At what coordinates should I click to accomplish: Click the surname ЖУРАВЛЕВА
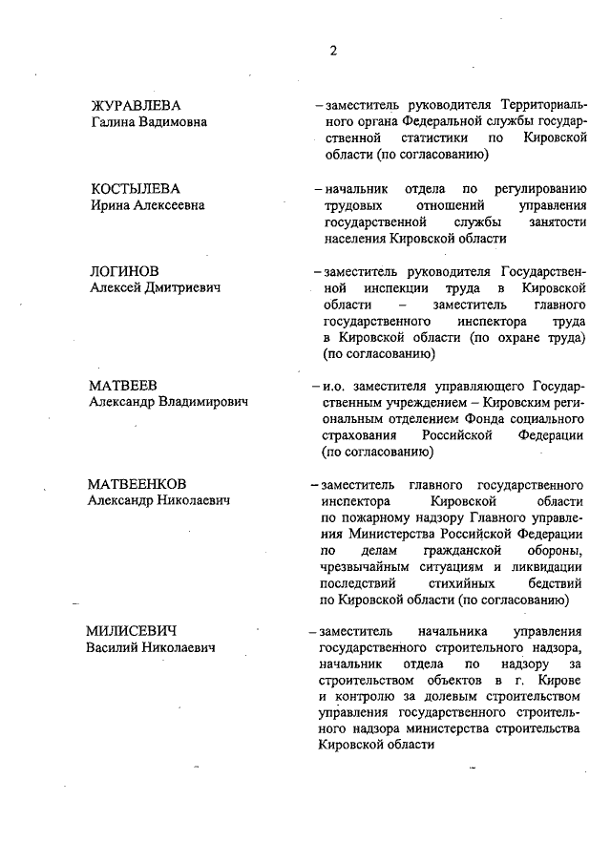coord(135,105)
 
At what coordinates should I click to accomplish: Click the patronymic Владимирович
coord(197,403)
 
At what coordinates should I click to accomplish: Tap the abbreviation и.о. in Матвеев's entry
coord(336,387)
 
